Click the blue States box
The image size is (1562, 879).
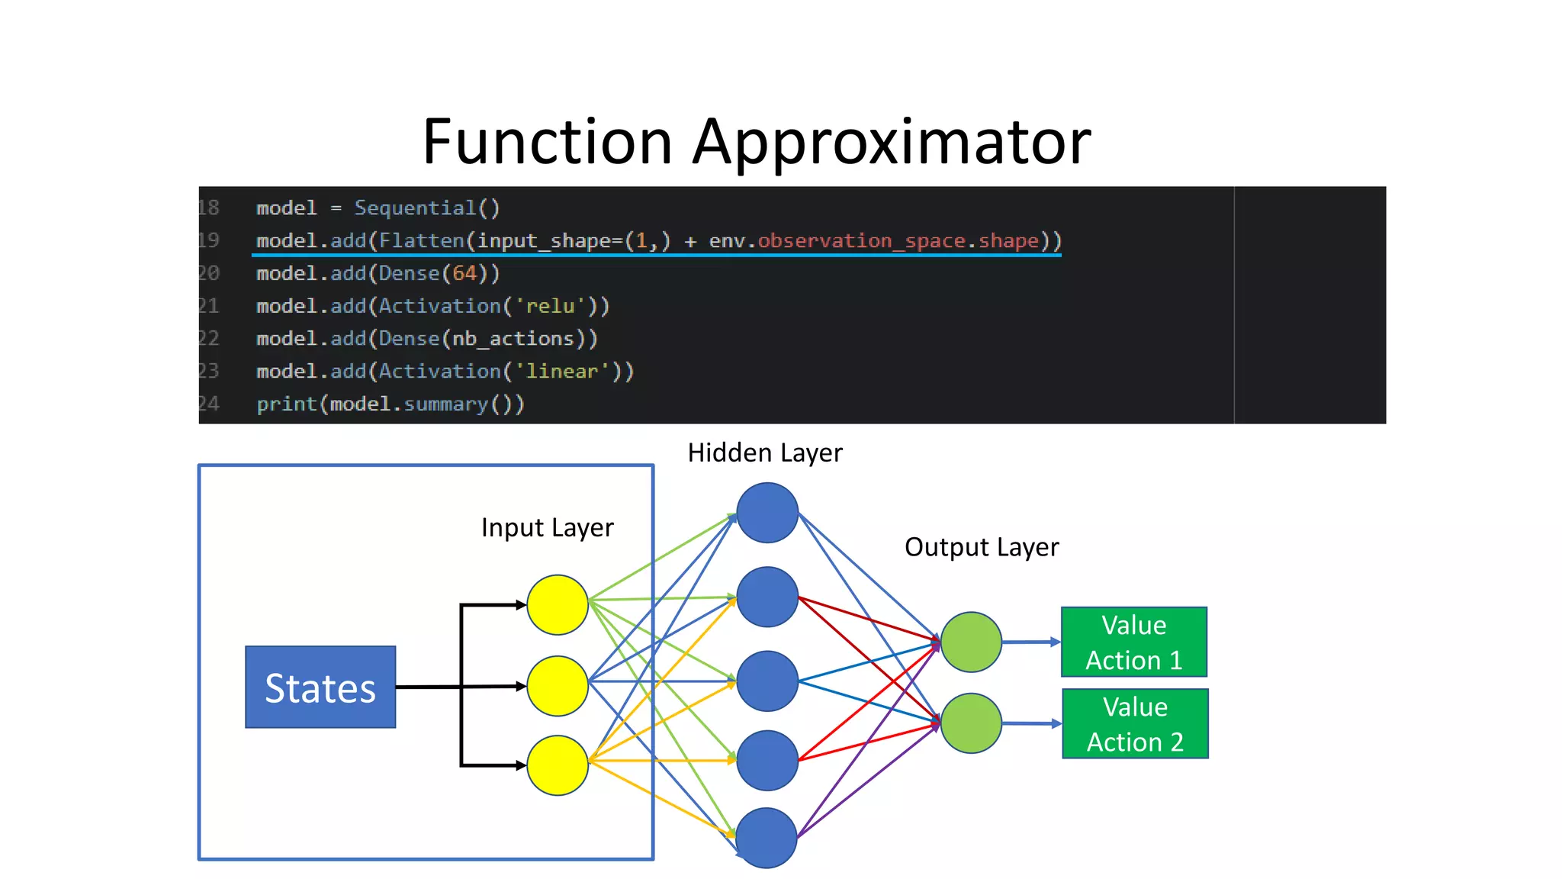(x=320, y=687)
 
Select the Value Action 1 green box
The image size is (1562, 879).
(x=1133, y=642)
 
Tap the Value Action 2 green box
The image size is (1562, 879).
(x=1135, y=724)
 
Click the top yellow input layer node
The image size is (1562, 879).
(x=558, y=605)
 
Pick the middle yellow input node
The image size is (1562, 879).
(x=558, y=686)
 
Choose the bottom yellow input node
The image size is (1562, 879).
(x=558, y=765)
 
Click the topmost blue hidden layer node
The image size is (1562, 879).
(x=767, y=513)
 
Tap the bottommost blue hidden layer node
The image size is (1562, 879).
(x=767, y=838)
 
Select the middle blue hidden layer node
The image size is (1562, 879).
(x=767, y=681)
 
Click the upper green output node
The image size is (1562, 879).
(x=971, y=642)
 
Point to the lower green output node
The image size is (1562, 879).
(x=971, y=723)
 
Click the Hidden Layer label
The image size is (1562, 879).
(x=765, y=453)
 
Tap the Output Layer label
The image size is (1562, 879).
(x=982, y=547)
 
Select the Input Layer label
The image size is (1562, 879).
(x=547, y=528)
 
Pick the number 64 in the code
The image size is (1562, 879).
(x=464, y=273)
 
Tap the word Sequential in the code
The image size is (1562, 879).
(x=416, y=208)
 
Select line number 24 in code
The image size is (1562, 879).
(x=209, y=404)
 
